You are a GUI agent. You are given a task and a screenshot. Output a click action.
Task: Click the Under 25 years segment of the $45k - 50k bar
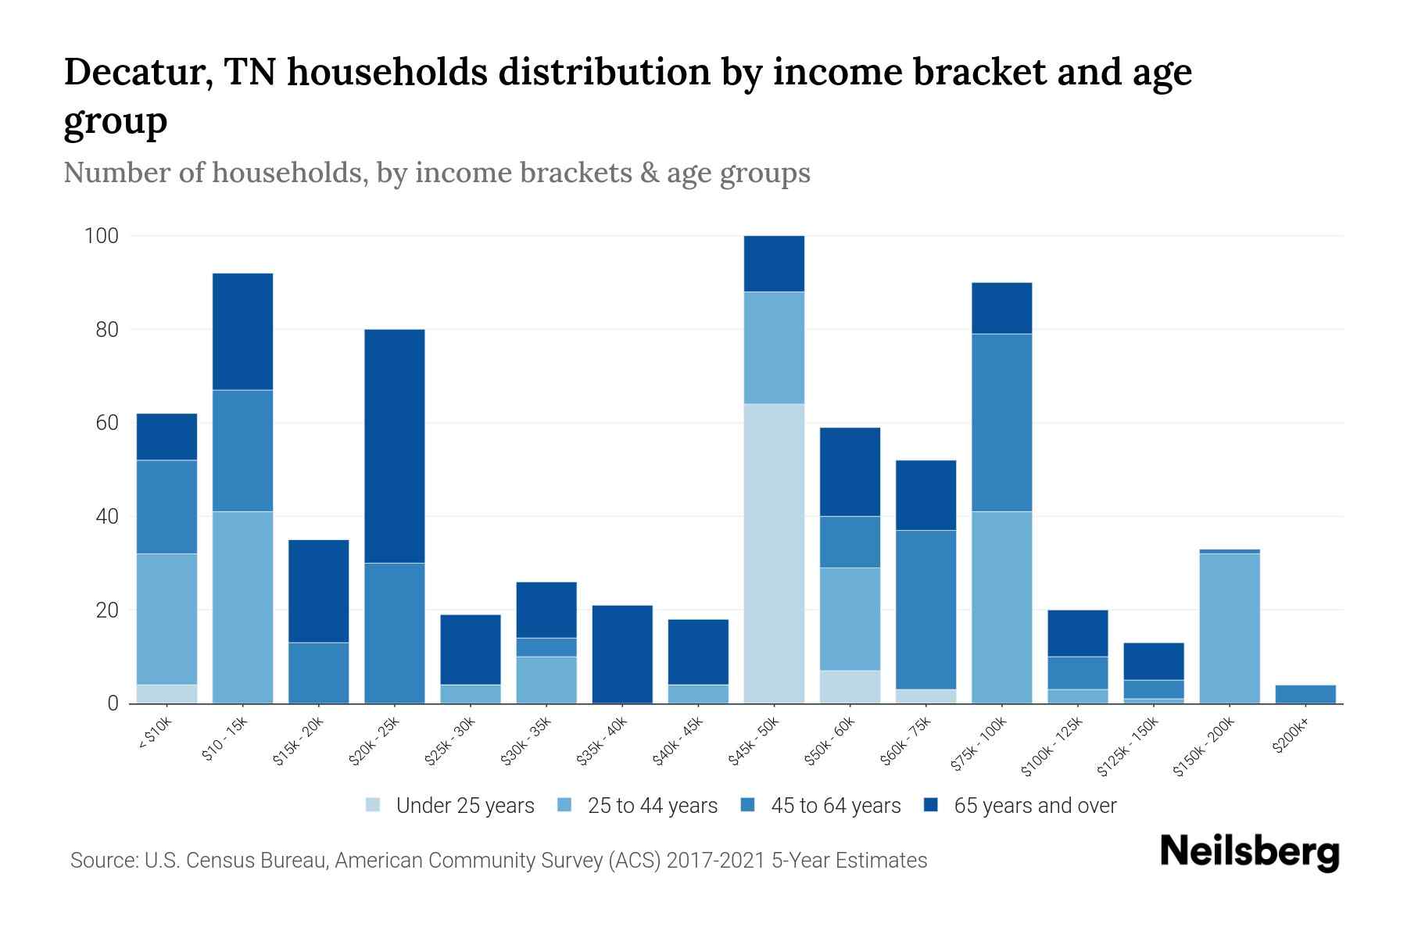click(x=774, y=553)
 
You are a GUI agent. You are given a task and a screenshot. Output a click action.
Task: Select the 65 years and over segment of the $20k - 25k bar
click(x=394, y=446)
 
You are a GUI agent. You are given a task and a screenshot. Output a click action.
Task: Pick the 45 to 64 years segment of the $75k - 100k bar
click(x=1001, y=422)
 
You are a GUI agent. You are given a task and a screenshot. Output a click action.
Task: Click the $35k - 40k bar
click(x=622, y=654)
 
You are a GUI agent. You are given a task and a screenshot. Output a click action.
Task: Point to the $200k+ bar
click(x=1305, y=694)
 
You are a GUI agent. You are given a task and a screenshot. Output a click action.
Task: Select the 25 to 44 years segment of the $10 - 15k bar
click(x=242, y=607)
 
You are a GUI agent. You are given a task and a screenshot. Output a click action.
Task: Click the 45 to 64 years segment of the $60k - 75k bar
click(x=925, y=610)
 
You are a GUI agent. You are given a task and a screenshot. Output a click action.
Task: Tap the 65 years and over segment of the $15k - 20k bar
click(x=318, y=591)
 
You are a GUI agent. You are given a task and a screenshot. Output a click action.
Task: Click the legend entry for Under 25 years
click(x=464, y=806)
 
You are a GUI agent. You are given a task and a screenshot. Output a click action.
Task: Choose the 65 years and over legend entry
click(x=1034, y=806)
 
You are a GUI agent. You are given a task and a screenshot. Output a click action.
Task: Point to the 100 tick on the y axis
click(x=101, y=236)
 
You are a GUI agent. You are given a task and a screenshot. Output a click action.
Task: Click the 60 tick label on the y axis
click(x=107, y=423)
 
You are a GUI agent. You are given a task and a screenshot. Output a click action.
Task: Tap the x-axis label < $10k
click(x=154, y=735)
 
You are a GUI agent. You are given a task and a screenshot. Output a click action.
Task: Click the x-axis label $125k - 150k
click(x=1128, y=747)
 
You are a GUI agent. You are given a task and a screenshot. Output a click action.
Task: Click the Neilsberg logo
click(x=1249, y=852)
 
